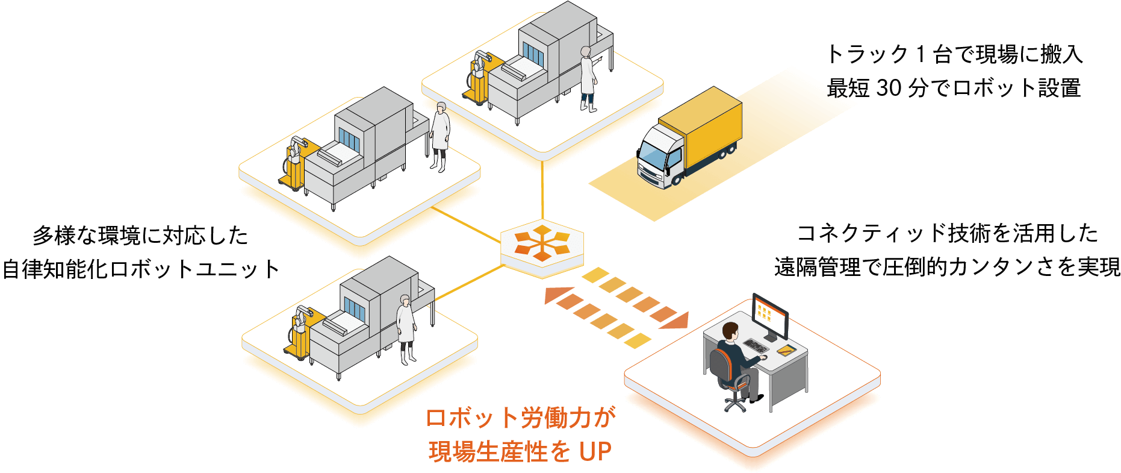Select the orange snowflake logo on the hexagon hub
(x=542, y=243)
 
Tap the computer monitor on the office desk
(x=771, y=316)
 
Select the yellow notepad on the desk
(x=784, y=349)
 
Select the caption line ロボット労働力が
(x=521, y=418)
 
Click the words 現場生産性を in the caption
(x=499, y=452)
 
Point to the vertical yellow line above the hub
(x=542, y=190)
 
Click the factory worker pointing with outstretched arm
(x=587, y=78)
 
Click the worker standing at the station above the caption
(x=405, y=328)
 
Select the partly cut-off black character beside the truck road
(x=835, y=93)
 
